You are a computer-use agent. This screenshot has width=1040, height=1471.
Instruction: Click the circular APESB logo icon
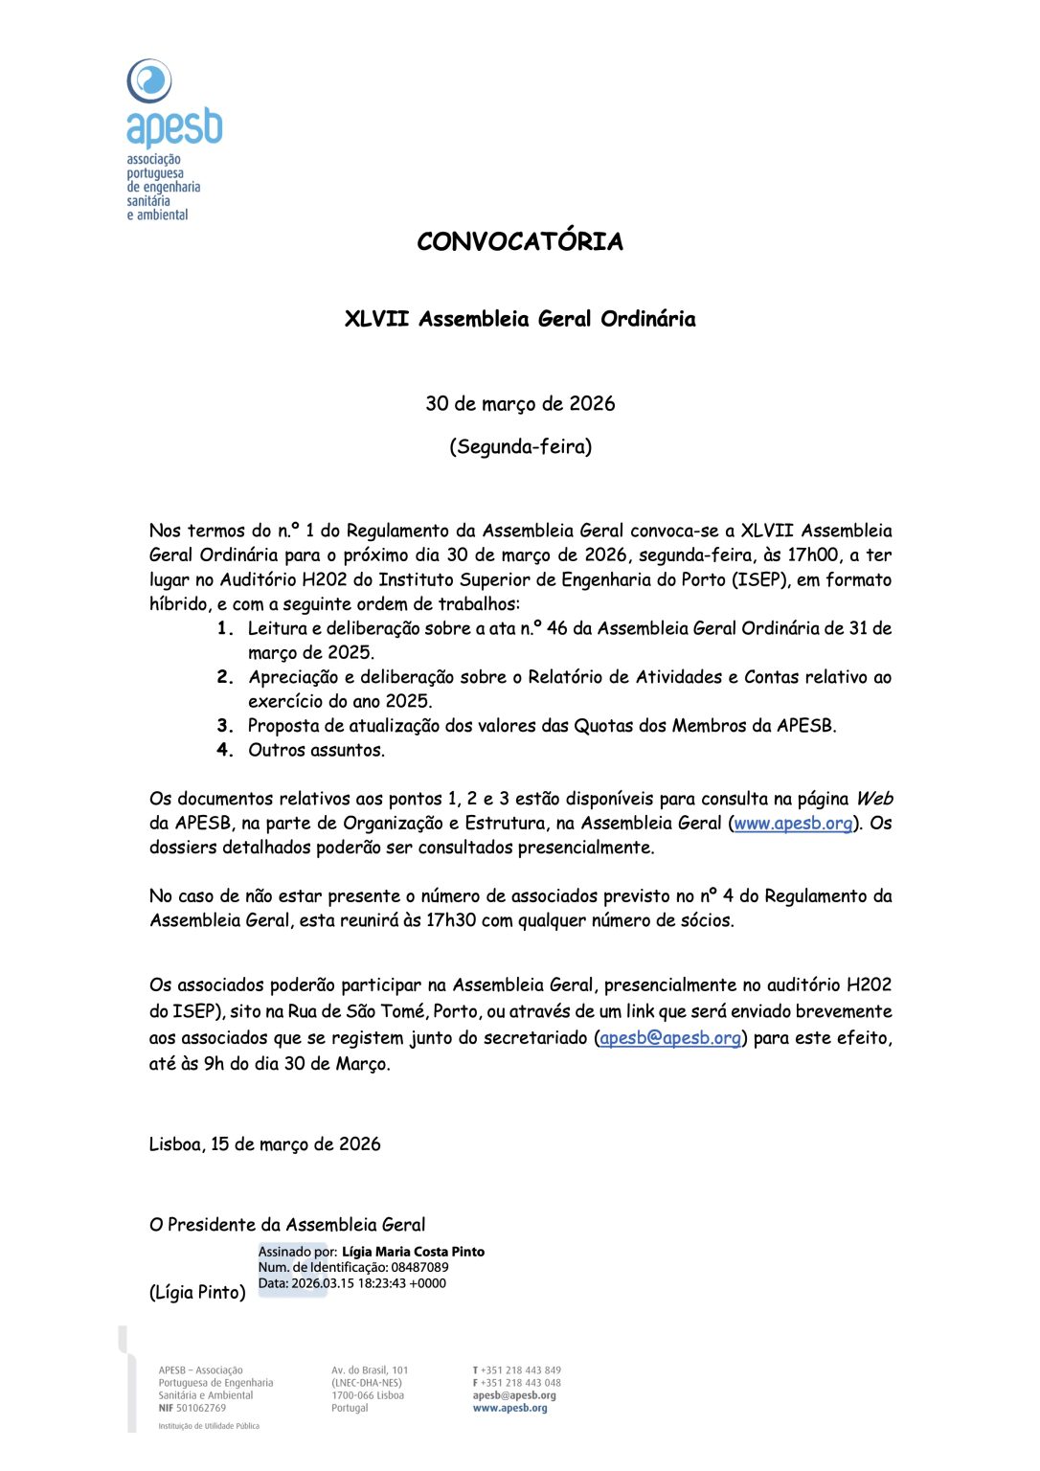[x=149, y=80]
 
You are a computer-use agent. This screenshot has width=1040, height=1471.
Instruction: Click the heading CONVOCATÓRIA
[x=520, y=241]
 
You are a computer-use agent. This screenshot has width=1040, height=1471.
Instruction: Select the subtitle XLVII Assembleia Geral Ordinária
[x=520, y=319]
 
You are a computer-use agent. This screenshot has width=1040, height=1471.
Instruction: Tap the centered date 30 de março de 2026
[x=520, y=403]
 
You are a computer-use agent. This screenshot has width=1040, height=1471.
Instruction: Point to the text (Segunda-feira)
[x=520, y=446]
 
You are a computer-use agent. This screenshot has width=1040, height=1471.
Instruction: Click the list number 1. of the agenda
[x=226, y=628]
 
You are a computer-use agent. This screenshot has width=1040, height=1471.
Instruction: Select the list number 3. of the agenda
[x=226, y=726]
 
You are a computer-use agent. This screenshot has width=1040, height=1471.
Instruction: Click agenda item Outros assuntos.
[x=316, y=750]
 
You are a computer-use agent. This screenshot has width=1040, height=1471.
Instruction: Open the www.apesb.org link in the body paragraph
[x=793, y=824]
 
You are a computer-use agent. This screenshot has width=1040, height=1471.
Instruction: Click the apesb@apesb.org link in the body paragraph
[x=670, y=1038]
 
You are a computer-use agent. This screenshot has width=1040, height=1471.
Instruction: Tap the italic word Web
[x=873, y=799]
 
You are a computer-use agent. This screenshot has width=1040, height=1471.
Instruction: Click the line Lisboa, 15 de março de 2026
[x=264, y=1144]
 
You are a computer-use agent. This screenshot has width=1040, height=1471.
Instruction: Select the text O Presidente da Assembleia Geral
[x=287, y=1225]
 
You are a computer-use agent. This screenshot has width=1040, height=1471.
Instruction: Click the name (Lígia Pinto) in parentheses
[x=197, y=1293]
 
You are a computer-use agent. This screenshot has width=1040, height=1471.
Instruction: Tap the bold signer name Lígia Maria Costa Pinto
[x=413, y=1252]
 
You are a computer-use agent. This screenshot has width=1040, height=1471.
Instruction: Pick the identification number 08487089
[x=419, y=1267]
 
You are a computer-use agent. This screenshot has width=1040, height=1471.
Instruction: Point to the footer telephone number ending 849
[x=522, y=1370]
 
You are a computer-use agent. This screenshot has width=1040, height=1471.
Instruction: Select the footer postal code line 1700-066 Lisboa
[x=368, y=1395]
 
